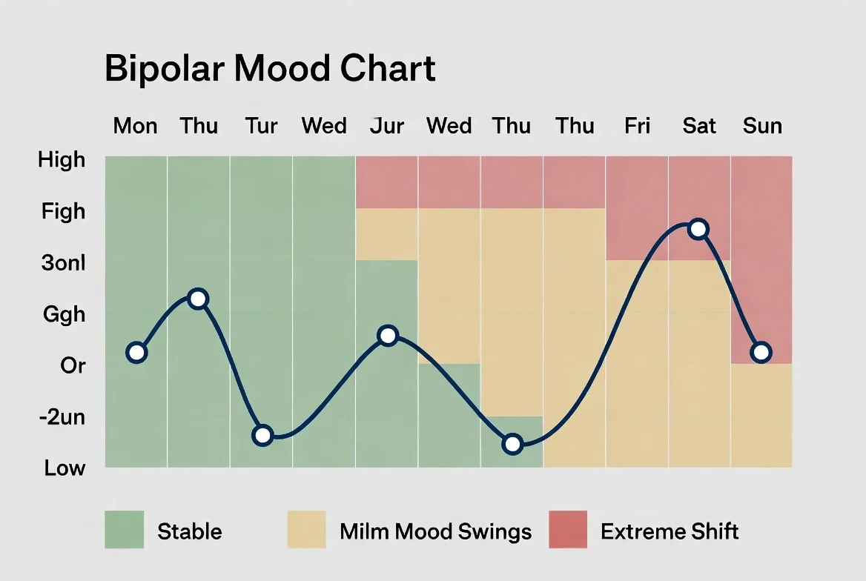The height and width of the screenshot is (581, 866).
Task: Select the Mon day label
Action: [135, 126]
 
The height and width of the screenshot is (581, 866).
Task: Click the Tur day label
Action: [261, 126]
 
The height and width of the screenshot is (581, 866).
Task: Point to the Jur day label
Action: [386, 126]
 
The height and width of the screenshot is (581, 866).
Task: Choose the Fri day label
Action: [637, 126]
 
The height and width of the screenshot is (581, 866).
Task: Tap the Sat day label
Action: [699, 126]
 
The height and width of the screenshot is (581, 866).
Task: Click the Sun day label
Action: [762, 126]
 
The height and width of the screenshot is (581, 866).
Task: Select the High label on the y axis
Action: [62, 160]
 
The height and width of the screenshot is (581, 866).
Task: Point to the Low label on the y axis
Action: [65, 468]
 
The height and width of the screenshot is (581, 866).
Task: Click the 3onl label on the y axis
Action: [64, 263]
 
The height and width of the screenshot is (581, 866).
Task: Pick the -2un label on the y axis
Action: [63, 417]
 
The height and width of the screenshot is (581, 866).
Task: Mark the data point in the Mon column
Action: [136, 352]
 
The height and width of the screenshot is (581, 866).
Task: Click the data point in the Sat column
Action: [698, 229]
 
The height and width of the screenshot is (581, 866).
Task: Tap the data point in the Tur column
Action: [262, 435]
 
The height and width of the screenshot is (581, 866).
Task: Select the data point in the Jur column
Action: [388, 336]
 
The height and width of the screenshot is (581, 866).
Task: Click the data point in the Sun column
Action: [761, 352]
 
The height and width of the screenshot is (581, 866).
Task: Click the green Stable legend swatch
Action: [124, 530]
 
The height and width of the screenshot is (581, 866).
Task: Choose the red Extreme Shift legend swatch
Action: [567, 530]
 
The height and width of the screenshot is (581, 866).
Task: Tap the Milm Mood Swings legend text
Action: [435, 531]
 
